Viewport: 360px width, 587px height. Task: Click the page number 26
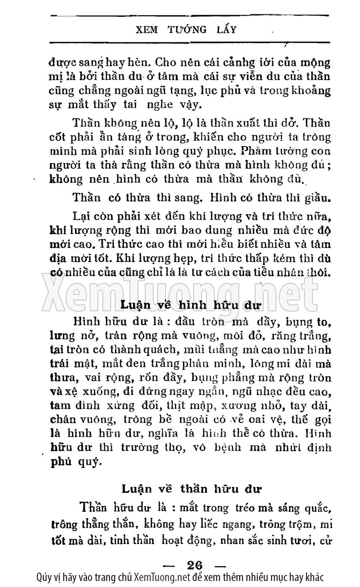coord(195,565)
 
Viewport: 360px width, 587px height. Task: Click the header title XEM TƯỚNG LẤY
coord(186,29)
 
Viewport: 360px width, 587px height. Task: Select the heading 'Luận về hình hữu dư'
coord(190,305)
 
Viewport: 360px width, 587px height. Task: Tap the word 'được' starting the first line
coord(61,63)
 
